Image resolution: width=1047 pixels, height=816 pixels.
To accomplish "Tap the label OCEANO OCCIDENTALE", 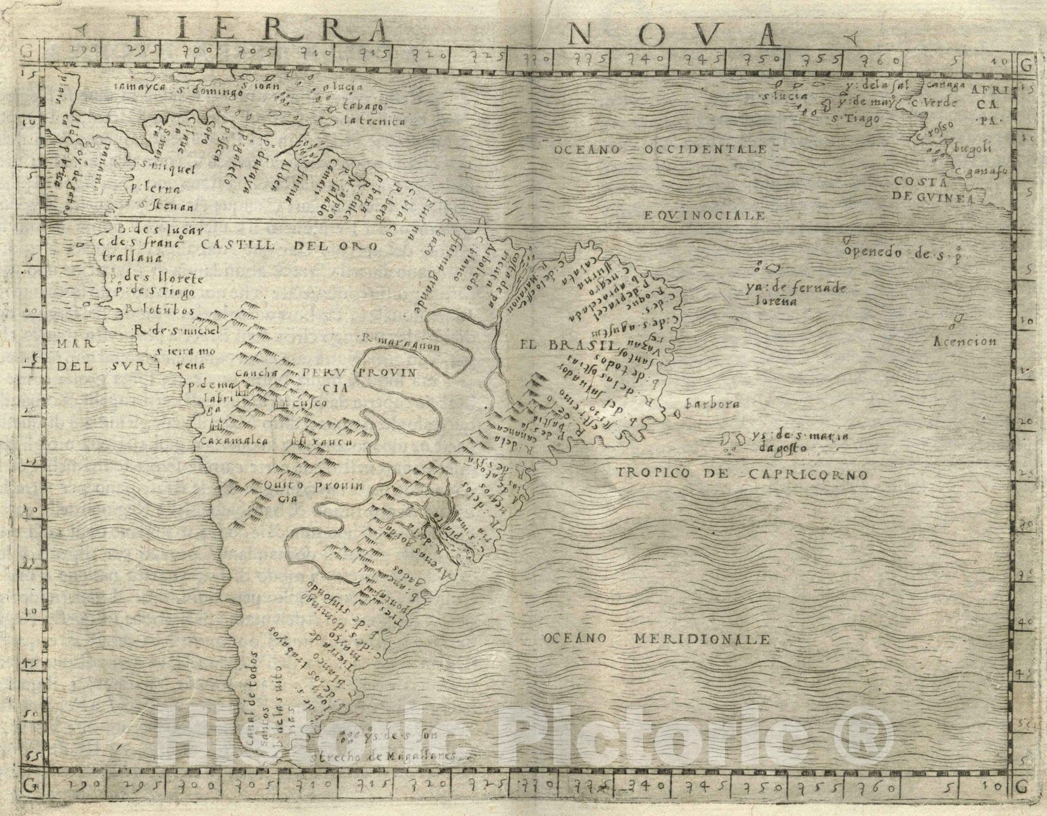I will pos(660,150).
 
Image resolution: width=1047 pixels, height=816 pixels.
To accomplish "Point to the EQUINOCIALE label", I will pos(703,214).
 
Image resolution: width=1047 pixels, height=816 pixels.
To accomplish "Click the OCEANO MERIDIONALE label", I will pos(656,637).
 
